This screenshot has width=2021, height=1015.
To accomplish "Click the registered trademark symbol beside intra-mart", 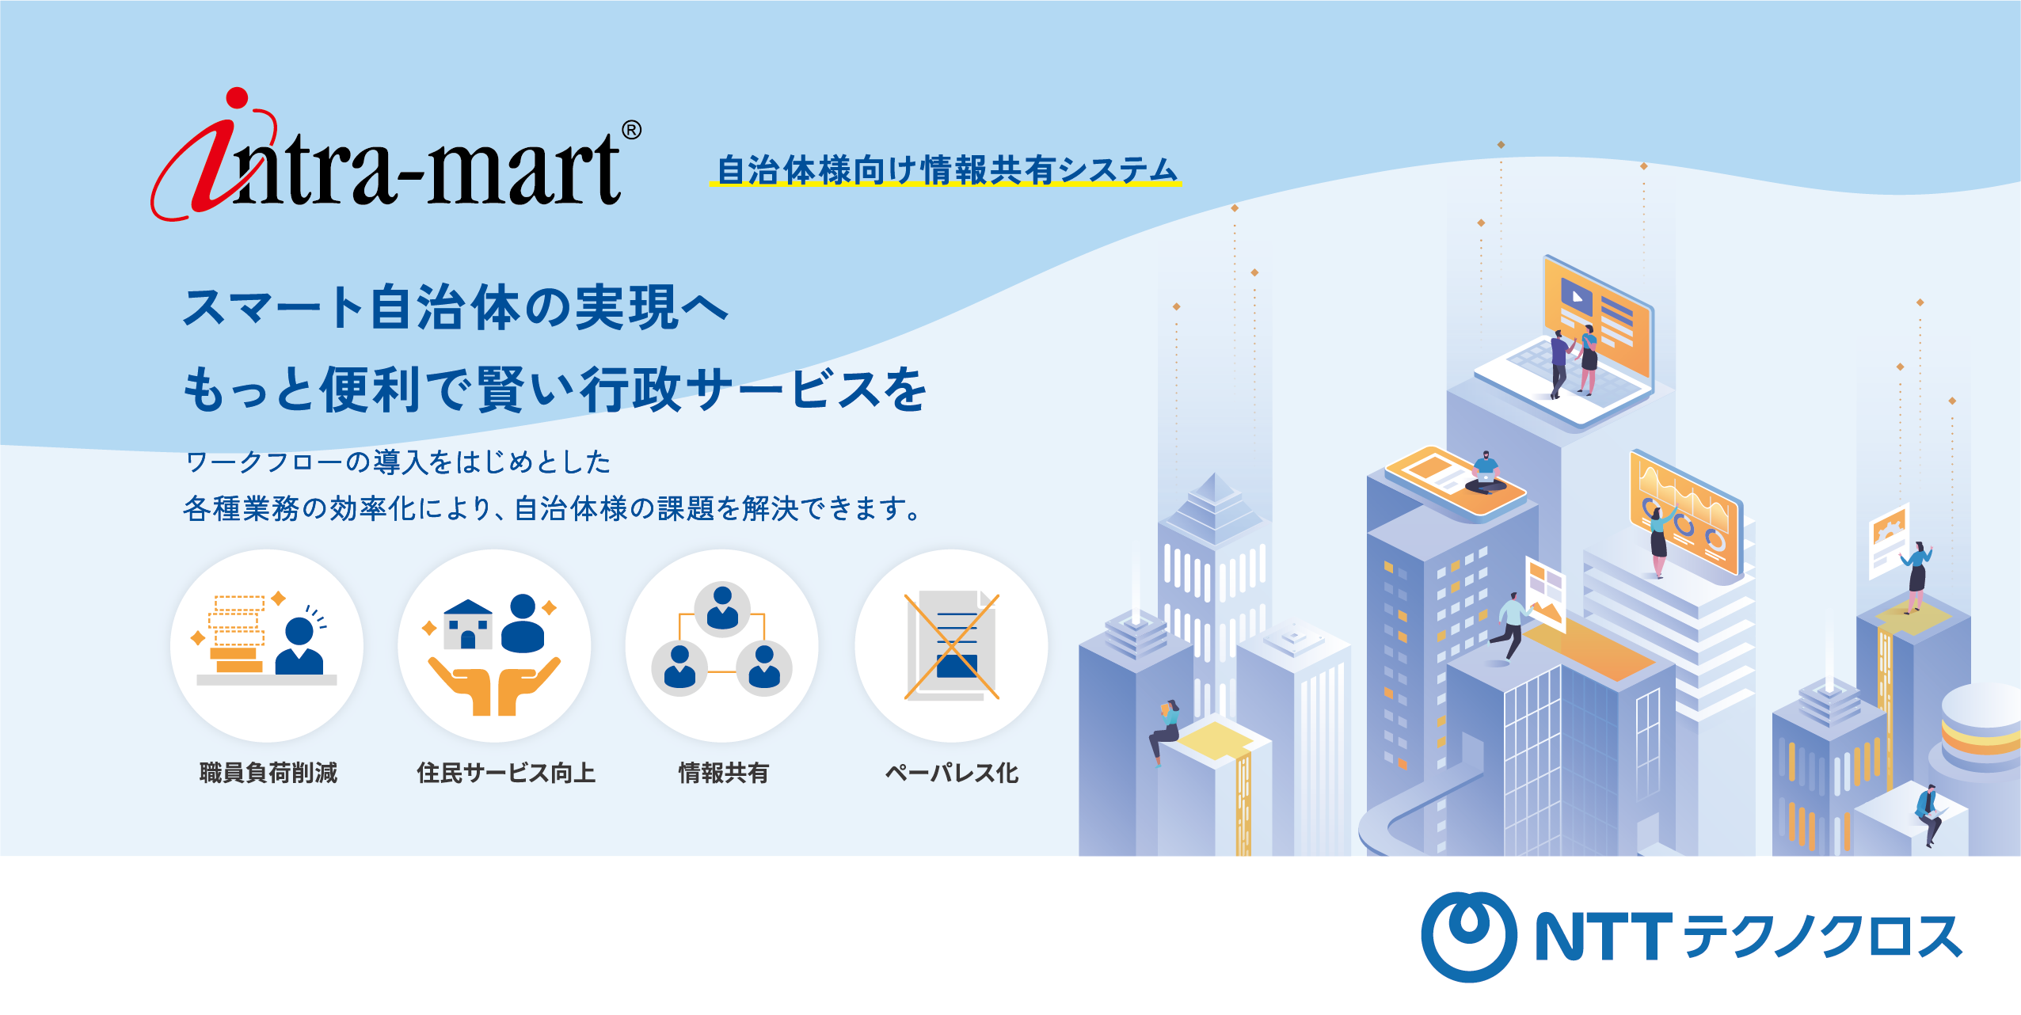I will (631, 130).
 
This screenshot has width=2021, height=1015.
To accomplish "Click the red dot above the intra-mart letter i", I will (237, 98).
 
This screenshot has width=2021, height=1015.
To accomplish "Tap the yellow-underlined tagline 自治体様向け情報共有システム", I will (946, 170).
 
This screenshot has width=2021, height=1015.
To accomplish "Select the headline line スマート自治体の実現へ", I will (455, 307).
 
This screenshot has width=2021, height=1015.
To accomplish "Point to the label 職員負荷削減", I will (268, 772).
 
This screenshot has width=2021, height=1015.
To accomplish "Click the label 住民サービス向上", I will (506, 772).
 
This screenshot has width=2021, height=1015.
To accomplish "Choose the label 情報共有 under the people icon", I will (723, 772).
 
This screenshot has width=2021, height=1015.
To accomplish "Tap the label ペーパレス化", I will (951, 772).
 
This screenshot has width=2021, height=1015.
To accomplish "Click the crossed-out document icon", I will (951, 646).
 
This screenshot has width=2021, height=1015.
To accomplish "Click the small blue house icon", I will (468, 625).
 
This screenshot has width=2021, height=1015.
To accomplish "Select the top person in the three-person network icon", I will (722, 608).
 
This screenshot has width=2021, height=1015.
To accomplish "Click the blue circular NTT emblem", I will (1469, 937).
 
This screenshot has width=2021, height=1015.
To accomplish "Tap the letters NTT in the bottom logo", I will (1604, 937).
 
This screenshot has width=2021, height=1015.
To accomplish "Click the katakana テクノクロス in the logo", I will (1821, 937).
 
